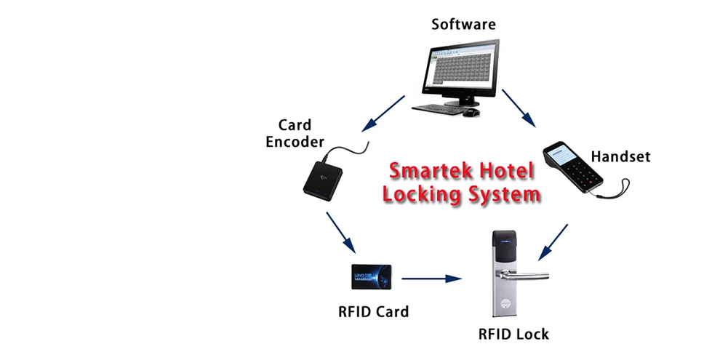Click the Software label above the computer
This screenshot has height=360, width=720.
463,24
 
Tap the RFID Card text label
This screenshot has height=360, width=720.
373,312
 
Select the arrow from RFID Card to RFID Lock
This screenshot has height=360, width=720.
433,278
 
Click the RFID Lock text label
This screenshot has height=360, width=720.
513,335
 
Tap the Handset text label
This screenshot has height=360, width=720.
620,156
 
